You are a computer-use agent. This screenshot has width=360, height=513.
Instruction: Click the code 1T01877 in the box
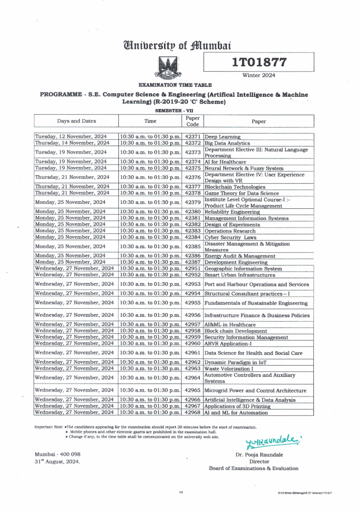259,62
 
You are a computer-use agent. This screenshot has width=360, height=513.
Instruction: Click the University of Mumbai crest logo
168,67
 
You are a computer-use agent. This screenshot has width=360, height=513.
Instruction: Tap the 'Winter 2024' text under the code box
259,75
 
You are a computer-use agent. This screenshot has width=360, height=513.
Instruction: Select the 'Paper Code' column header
192,121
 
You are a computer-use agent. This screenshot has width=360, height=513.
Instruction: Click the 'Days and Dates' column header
76,121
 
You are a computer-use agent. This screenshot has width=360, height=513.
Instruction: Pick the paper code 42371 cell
192,137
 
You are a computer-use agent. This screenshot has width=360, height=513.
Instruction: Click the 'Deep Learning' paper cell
223,137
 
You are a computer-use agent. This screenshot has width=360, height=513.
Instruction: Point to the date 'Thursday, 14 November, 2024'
72,143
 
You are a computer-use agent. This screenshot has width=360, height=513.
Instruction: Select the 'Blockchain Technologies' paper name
235,187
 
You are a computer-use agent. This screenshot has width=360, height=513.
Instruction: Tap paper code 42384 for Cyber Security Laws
192,237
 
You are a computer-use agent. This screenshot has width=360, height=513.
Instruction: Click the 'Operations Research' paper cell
230,231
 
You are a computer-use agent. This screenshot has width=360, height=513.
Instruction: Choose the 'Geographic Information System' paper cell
243,269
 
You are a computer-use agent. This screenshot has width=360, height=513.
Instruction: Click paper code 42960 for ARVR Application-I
192,344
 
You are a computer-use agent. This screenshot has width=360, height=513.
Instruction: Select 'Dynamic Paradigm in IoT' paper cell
235,362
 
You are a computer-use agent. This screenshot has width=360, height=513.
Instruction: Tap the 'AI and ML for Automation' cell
236,413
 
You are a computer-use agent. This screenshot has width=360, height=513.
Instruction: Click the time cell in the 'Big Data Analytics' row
150,143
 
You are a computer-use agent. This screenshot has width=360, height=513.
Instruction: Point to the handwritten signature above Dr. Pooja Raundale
272,442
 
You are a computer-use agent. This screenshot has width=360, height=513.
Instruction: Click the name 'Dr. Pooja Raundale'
259,455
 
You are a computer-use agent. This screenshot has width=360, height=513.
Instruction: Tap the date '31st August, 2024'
57,462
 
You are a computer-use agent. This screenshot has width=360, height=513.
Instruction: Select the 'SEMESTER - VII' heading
174,111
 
